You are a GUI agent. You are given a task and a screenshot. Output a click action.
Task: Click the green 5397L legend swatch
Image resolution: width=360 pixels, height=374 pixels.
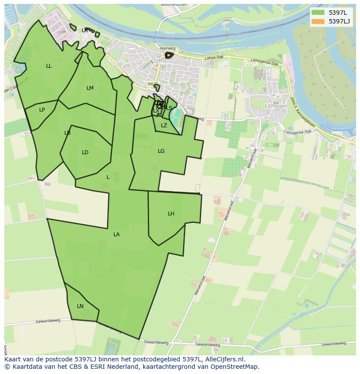click(x=318, y=12)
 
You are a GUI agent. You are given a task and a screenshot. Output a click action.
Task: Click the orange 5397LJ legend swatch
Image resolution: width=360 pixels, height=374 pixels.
click(x=318, y=21)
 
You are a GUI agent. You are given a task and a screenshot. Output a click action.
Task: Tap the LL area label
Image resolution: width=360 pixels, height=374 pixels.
click(x=49, y=66)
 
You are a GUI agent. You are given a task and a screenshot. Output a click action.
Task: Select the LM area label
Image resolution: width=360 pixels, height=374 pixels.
click(x=90, y=88)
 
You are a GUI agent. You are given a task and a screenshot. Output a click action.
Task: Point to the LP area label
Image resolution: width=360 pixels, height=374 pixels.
click(x=42, y=110)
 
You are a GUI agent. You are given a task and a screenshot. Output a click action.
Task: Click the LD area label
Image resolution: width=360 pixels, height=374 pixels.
click(x=85, y=152)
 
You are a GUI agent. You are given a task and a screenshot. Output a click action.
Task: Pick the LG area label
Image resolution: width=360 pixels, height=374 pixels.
click(x=161, y=151)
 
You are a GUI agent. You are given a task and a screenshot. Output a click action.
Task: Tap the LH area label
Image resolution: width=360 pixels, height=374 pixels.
click(x=171, y=214)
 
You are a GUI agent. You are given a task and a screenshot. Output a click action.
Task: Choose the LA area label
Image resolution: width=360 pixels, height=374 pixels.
click(x=117, y=235)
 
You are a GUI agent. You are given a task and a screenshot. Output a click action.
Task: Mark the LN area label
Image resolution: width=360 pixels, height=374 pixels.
click(x=80, y=306)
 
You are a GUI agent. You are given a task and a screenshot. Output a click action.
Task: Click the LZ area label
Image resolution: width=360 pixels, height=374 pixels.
click(x=164, y=126)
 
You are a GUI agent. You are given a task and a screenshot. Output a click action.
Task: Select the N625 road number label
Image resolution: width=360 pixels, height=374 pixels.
click(x=153, y=84)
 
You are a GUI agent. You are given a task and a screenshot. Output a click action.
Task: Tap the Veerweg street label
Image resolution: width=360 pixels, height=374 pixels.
click(x=167, y=49)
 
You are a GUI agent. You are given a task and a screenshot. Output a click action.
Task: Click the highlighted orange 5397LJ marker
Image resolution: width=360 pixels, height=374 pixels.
click(x=168, y=55)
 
